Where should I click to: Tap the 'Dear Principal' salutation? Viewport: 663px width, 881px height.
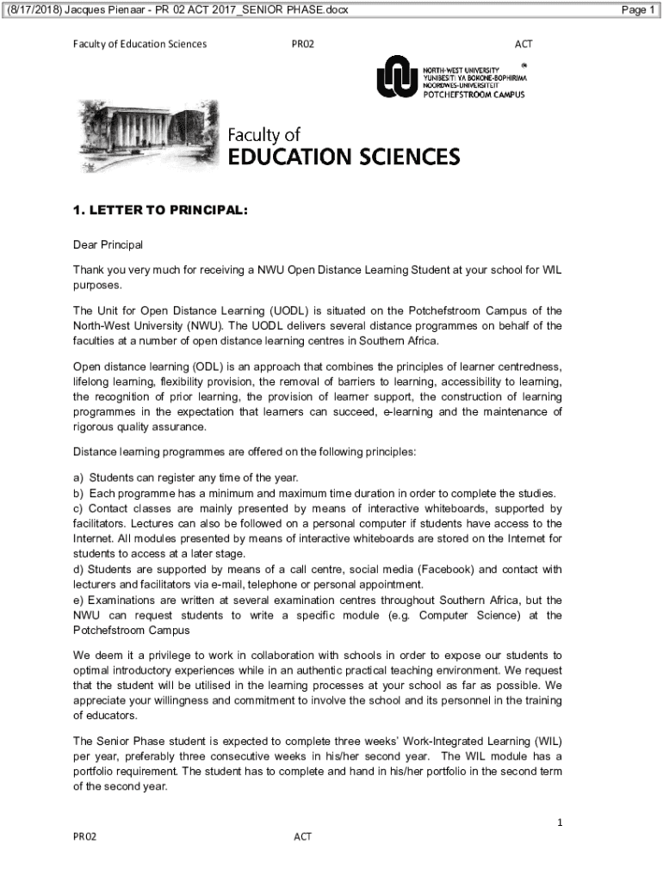click(108, 245)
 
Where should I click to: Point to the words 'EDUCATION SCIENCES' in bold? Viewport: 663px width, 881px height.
click(344, 157)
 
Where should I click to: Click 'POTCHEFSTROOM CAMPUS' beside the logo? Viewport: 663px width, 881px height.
click(474, 95)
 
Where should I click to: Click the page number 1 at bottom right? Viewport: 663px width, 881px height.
click(559, 822)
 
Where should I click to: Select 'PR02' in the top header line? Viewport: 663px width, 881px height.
click(303, 44)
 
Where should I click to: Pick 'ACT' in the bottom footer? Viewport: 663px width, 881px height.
click(302, 836)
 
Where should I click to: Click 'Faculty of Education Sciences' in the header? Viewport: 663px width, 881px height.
click(139, 44)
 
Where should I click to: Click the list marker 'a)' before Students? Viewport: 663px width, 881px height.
click(78, 477)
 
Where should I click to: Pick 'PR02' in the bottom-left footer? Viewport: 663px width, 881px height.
click(84, 836)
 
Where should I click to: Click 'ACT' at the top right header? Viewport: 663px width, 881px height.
click(524, 44)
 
